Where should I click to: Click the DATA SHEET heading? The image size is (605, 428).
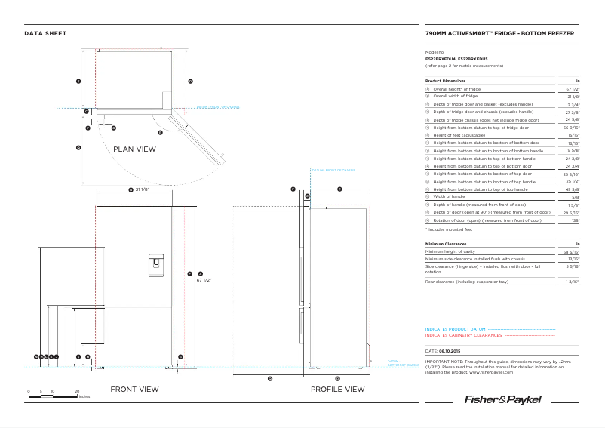[45, 34]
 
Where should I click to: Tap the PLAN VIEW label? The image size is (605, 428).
[134, 149]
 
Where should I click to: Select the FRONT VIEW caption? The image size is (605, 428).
[134, 390]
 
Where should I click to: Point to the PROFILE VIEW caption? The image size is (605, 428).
[337, 390]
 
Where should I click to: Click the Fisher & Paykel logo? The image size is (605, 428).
[502, 399]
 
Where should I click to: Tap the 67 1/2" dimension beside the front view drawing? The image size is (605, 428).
[204, 279]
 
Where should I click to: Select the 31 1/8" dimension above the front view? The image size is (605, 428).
[143, 189]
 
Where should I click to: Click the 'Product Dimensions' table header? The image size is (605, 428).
[445, 81]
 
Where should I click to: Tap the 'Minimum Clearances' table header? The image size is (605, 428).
[447, 244]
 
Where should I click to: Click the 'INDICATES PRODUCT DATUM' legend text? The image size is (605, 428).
[455, 330]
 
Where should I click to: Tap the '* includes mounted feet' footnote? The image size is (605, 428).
[450, 229]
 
